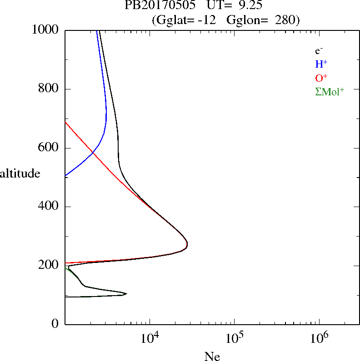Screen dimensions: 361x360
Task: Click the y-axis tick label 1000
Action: click(46, 30)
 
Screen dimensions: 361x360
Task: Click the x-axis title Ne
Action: click(212, 356)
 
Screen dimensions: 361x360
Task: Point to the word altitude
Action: click(20, 173)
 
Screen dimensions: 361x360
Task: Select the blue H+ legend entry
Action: click(321, 64)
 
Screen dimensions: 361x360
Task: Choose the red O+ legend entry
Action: click(321, 78)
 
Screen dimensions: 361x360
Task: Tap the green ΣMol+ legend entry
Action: click(330, 91)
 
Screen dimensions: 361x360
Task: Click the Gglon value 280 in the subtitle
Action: click(285, 20)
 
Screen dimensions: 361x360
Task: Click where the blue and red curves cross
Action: click(93, 153)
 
